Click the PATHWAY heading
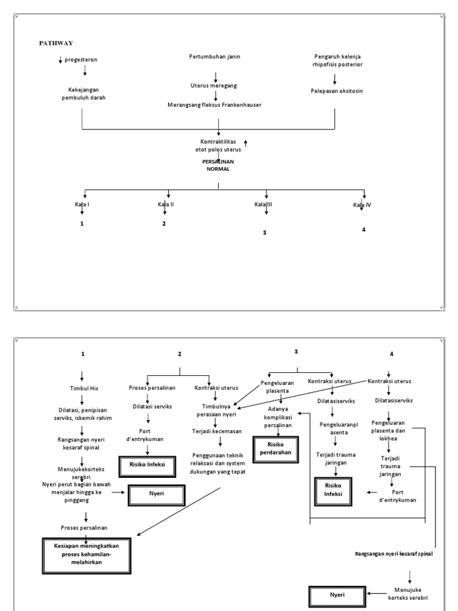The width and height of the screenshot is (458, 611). point(56,43)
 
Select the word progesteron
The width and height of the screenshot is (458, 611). point(82,60)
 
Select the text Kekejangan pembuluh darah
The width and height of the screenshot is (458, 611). point(83,94)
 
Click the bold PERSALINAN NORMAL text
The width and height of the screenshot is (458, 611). point(218,165)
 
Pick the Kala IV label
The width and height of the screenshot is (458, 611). point(362,205)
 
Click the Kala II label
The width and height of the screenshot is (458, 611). point(166,205)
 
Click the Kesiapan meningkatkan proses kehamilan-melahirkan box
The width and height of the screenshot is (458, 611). point(86,554)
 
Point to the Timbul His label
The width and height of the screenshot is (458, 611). point(84,388)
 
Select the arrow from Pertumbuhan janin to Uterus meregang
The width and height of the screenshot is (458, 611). point(216,76)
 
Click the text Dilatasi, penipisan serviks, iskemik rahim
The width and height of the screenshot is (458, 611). point(84,415)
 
